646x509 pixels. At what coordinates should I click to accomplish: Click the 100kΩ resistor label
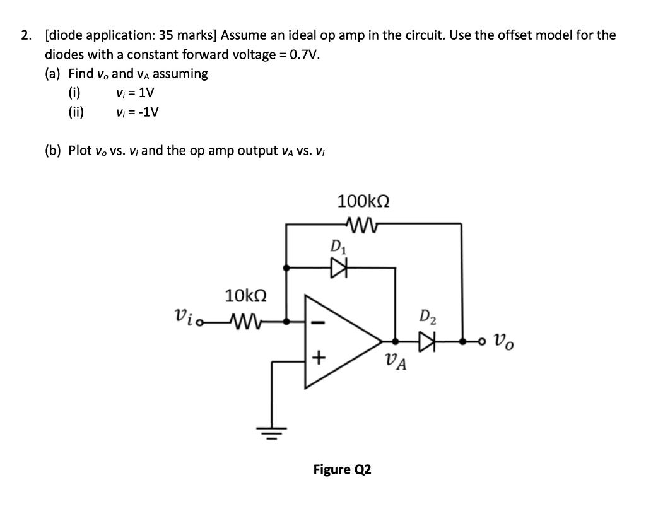(x=363, y=202)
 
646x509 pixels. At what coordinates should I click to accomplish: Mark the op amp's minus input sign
(x=319, y=323)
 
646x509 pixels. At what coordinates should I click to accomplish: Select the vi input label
(x=184, y=316)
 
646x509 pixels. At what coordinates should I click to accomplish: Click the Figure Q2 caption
(x=342, y=469)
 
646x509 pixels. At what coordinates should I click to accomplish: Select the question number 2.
(x=25, y=35)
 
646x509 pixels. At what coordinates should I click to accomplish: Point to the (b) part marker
(x=53, y=151)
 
